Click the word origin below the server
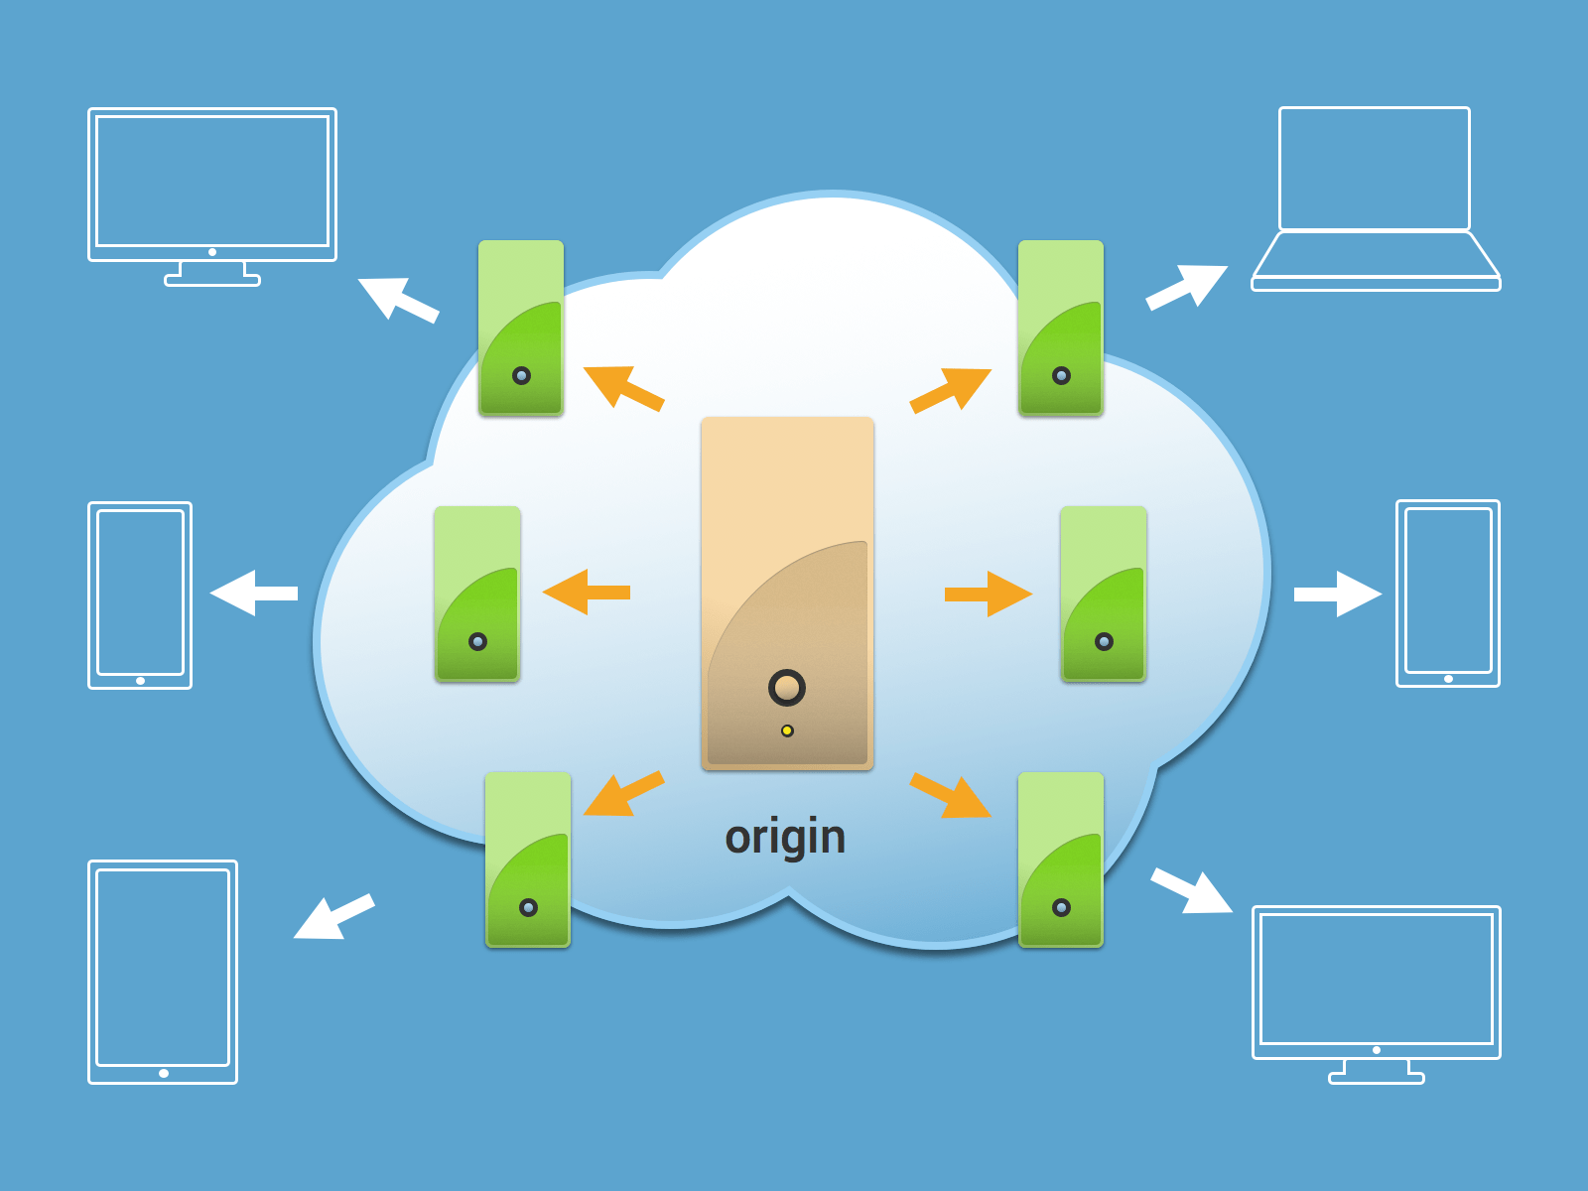pos(785,837)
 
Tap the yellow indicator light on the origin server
pos(787,730)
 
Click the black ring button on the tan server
pos(787,687)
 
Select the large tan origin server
pos(787,593)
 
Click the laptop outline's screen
pos(1375,169)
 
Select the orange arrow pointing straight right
pos(989,594)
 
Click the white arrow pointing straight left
pos(253,593)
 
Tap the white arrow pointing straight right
pos(1338,594)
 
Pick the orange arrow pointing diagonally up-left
pos(622,387)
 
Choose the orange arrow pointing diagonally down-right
pos(951,796)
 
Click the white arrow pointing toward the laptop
pos(1187,286)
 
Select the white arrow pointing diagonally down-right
pos(1191,890)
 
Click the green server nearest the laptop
pos(1061,328)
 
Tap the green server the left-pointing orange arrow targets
pos(477,594)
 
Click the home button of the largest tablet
pos(164,1073)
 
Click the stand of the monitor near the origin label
pos(1377,1071)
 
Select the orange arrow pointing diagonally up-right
pos(951,389)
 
